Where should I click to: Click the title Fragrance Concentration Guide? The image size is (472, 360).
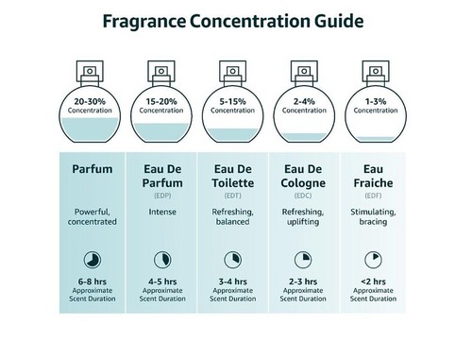tap(236, 19)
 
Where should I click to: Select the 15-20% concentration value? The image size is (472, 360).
tap(162, 100)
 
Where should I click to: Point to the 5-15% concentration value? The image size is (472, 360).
tap(232, 100)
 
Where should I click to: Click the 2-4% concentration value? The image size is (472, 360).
tap(303, 100)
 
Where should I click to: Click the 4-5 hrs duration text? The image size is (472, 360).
tap(162, 281)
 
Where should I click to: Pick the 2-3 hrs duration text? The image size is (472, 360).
tap(303, 281)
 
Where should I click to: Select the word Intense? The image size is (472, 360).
tap(162, 212)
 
